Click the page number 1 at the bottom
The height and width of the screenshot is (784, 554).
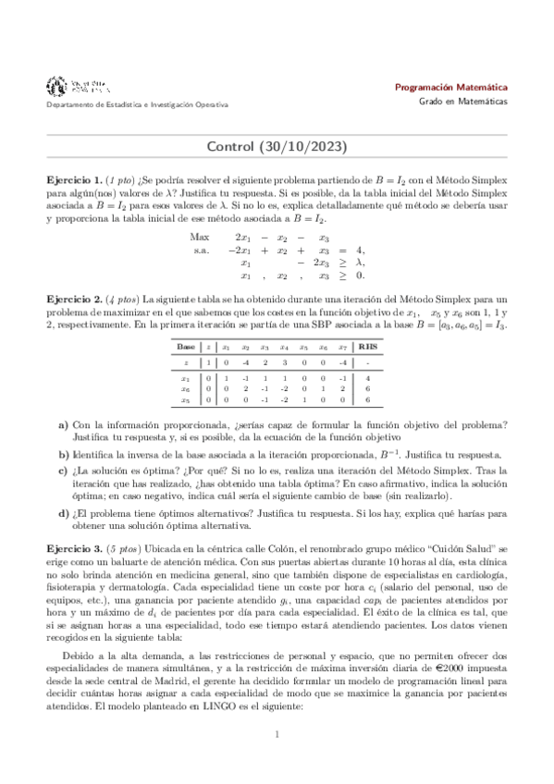277,761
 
